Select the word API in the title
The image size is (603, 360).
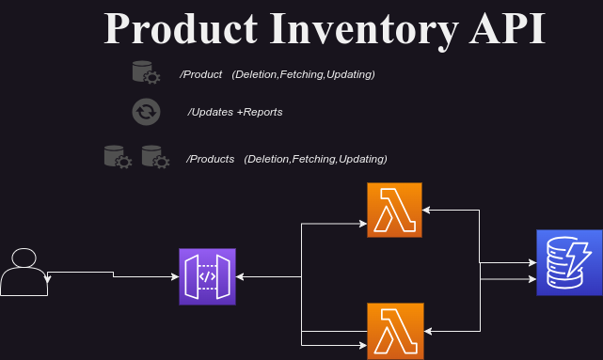pos(505,29)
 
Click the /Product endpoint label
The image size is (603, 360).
pos(201,74)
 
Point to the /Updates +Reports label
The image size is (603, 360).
pos(235,112)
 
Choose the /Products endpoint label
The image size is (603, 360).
pos(211,159)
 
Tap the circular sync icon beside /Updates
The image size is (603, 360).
pos(146,113)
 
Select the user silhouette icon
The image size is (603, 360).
pos(24,273)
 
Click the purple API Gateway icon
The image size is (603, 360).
pos(208,277)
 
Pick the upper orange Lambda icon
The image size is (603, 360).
pos(395,211)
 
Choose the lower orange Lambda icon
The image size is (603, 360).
pos(395,331)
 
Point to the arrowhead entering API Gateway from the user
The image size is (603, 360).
pos(175,277)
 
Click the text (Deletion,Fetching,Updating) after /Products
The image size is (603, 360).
pos(315,159)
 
